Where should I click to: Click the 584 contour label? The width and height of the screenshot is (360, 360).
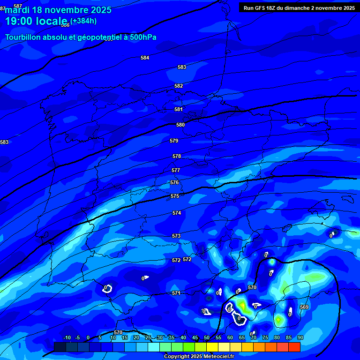[x=145, y=58]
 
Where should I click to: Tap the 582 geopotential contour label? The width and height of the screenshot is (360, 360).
[x=179, y=86]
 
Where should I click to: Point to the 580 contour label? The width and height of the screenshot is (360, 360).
[x=180, y=125]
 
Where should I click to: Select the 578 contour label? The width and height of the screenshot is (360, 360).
[x=177, y=156]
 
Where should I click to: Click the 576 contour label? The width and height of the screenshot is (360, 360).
[x=174, y=182]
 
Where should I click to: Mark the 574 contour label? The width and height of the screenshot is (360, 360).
[x=177, y=213]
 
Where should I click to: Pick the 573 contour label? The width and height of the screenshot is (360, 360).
[x=176, y=236]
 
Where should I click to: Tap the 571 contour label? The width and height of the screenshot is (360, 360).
[x=176, y=293]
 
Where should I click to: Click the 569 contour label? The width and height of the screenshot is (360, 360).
[x=304, y=307]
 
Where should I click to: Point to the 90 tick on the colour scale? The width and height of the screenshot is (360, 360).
[x=300, y=338]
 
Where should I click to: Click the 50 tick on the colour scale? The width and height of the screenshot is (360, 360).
[x=207, y=338]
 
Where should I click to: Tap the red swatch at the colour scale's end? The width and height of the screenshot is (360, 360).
[x=294, y=347]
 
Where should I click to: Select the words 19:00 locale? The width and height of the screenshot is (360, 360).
[x=36, y=21]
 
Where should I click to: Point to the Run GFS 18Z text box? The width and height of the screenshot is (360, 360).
[x=299, y=7]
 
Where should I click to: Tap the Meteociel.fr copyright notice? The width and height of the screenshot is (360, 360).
[x=199, y=356]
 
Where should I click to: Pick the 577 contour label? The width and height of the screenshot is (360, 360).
[x=176, y=170]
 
